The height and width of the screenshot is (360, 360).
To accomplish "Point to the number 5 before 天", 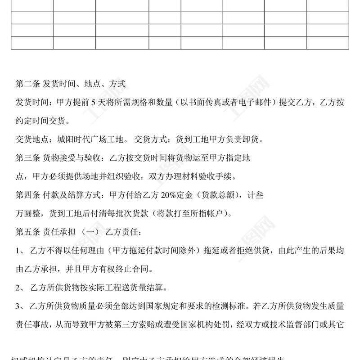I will (x=94, y=102).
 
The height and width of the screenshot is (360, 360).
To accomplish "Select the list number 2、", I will (x=21, y=288).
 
